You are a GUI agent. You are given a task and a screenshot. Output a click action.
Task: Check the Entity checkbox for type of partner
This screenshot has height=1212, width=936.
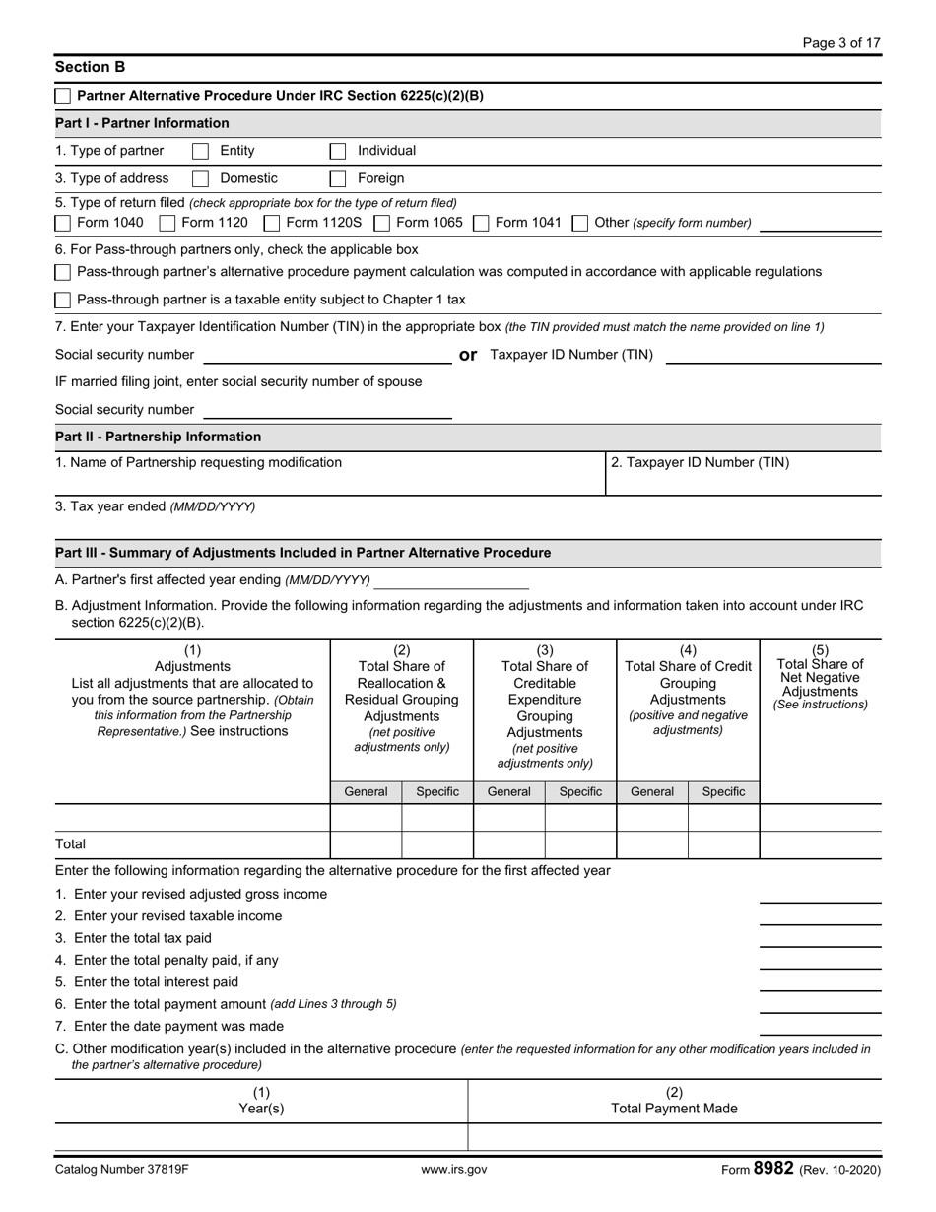200,152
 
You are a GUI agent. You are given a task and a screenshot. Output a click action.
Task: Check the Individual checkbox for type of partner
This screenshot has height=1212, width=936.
338,152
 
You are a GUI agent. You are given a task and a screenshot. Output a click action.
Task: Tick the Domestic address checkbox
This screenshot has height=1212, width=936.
200,179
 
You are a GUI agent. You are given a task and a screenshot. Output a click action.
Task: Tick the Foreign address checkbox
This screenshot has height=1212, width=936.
338,179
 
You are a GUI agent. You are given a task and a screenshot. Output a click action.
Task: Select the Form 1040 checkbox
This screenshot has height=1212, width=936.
63,223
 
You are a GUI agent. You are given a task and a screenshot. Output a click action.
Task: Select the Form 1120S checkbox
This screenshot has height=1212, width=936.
272,223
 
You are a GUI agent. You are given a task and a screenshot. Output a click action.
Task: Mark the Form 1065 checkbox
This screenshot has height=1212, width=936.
382,223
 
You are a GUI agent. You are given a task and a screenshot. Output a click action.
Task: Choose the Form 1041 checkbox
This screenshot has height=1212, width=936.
482,223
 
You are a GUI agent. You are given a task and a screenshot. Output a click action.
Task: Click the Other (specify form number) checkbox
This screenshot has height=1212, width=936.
581,223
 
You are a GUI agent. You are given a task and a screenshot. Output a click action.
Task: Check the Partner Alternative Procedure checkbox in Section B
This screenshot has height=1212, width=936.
63,97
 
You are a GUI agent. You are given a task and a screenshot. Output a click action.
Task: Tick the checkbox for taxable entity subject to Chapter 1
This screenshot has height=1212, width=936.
63,300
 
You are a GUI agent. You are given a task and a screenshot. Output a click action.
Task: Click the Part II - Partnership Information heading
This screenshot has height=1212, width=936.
159,437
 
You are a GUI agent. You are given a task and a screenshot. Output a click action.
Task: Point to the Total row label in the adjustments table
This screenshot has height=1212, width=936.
71,844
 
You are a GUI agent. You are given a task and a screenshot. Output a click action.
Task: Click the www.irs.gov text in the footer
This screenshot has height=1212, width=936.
453,1170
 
